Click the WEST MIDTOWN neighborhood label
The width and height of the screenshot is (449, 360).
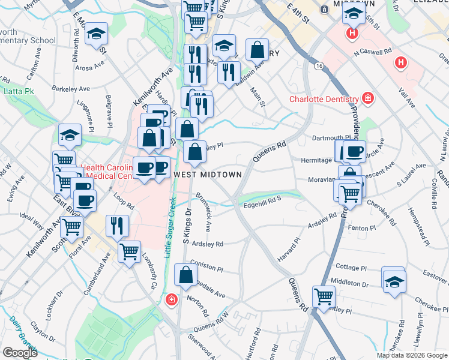tap(208, 175)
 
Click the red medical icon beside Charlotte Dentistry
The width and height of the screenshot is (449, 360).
tap(367, 98)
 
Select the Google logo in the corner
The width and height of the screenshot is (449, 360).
tap(20, 352)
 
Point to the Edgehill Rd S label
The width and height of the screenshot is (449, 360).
tap(262, 205)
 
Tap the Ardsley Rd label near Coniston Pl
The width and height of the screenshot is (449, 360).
tap(207, 244)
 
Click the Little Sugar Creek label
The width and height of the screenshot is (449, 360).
tap(170, 228)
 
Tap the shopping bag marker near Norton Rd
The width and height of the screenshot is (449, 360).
tap(186, 275)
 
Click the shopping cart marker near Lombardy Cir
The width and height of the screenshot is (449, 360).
tap(129, 252)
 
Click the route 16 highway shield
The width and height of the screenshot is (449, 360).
tap(318, 65)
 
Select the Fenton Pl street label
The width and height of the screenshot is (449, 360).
tap(361, 228)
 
